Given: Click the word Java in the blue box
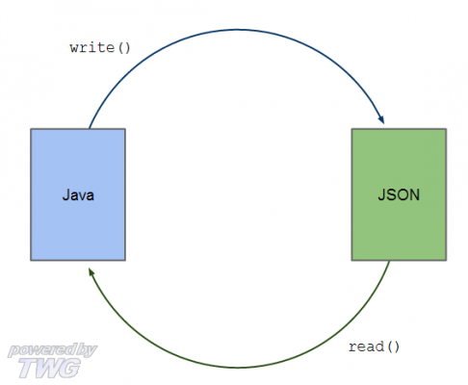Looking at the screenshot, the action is click(78, 195).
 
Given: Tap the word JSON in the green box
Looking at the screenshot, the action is click(399, 194).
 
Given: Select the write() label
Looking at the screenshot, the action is click(100, 48).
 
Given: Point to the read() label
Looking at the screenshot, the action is click(374, 346).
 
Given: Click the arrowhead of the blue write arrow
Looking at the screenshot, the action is click(381, 119).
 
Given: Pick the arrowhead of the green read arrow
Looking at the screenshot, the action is click(91, 273).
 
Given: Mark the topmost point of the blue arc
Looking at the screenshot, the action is click(238, 30).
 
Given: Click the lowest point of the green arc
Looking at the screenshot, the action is click(238, 368).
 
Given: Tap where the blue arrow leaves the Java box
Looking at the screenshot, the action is click(90, 129).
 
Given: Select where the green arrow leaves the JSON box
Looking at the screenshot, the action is click(390, 261).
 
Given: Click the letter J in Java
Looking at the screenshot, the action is click(65, 194).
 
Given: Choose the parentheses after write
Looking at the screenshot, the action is click(124, 48).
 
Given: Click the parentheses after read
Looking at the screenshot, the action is click(393, 346).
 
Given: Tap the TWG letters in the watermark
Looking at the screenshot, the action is click(49, 368).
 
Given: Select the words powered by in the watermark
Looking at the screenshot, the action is click(52, 350).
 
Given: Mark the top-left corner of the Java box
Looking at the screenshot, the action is click(31, 129).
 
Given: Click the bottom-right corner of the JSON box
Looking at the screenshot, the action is click(446, 260).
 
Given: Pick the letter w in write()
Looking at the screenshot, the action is click(74, 48).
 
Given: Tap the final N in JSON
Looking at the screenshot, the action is click(415, 194).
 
